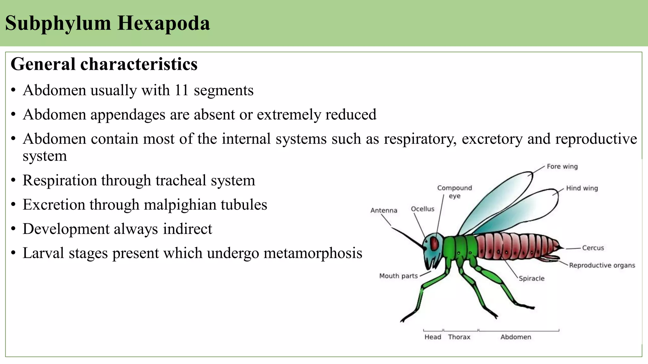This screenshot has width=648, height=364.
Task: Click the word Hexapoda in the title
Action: click(x=164, y=23)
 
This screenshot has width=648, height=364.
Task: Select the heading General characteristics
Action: click(x=104, y=64)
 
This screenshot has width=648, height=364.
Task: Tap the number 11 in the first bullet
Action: click(x=182, y=90)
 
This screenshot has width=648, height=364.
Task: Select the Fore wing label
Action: click(x=562, y=167)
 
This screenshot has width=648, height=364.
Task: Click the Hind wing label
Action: click(x=582, y=188)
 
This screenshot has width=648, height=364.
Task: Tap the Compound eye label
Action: click(x=454, y=192)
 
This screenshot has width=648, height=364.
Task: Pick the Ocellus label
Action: click(x=422, y=209)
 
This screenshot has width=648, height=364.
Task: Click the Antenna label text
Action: click(x=383, y=210)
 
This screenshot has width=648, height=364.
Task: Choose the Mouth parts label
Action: click(x=398, y=276)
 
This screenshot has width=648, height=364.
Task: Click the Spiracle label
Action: click(x=532, y=278)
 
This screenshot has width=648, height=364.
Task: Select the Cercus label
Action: click(x=593, y=248)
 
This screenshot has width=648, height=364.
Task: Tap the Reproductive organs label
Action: click(x=602, y=265)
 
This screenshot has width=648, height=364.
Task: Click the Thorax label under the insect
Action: click(x=459, y=337)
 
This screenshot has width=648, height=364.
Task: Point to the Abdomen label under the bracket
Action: click(x=515, y=337)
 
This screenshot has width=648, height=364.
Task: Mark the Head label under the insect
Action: click(x=433, y=337)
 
